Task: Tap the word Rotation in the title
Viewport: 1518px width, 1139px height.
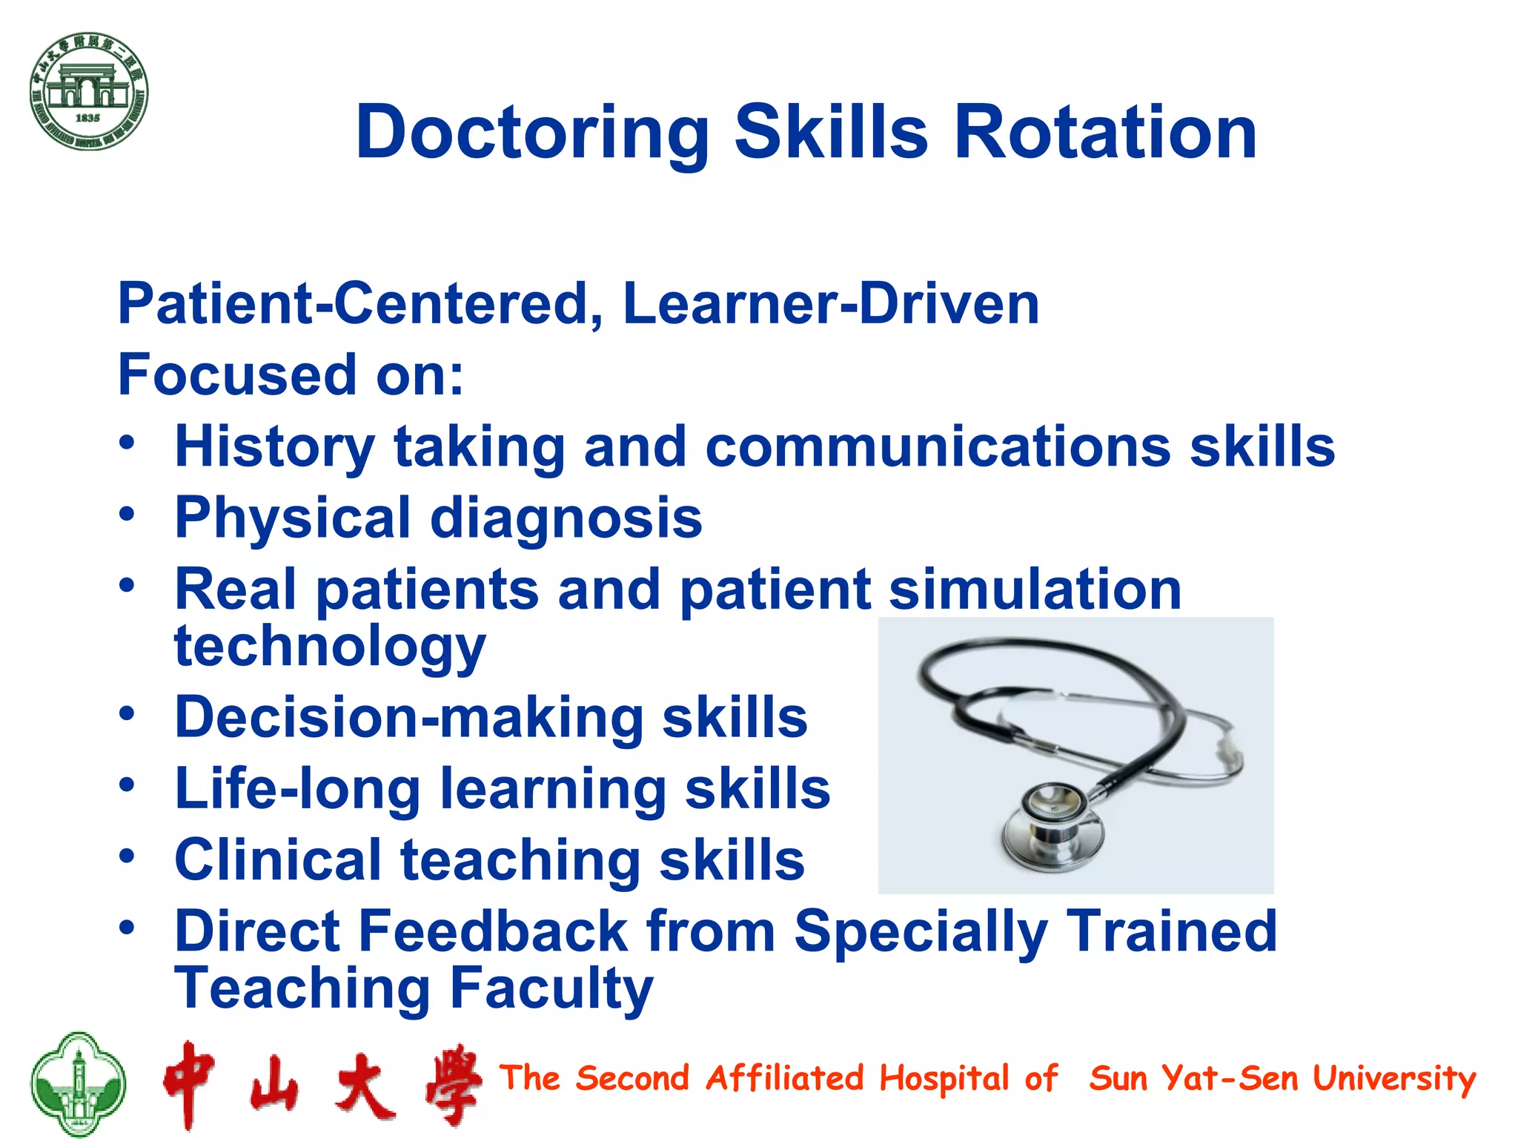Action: tap(1105, 133)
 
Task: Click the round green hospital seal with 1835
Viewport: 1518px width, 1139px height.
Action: tap(89, 91)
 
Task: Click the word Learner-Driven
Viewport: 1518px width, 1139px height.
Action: tap(831, 304)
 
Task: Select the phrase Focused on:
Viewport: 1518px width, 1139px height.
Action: tap(291, 375)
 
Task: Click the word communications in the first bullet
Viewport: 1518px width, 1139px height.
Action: tap(938, 447)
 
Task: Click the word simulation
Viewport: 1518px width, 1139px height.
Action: tap(1035, 590)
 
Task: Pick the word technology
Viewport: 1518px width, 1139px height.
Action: tap(330, 647)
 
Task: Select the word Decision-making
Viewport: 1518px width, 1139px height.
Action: tap(409, 718)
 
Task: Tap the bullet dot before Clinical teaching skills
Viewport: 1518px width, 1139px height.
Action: tap(127, 856)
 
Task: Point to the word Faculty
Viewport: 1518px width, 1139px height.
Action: tap(551, 988)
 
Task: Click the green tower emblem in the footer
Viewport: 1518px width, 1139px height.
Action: tap(78, 1084)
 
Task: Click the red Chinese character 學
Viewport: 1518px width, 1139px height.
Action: tap(453, 1085)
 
